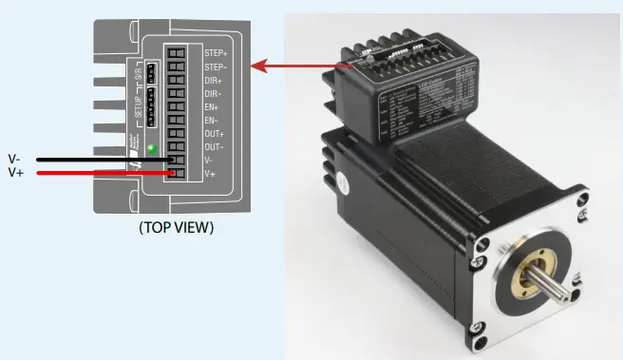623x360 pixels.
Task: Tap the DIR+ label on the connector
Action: (214, 81)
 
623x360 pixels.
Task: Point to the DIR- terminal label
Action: (214, 95)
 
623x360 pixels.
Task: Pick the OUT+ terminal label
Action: (215, 136)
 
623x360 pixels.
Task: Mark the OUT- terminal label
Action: (215, 148)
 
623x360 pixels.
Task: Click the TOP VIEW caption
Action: (176, 228)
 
